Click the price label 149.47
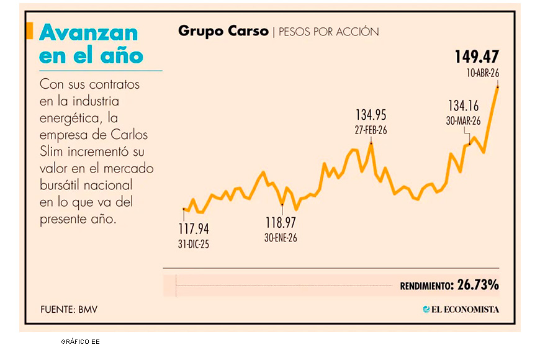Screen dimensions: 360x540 tap(476, 57)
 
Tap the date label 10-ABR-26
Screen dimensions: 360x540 tap(483, 73)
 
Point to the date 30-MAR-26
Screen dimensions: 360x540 tap(464, 121)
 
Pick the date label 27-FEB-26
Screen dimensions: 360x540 tap(371, 130)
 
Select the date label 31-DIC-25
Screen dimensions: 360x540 tap(194, 244)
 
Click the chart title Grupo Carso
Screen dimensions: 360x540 tap(223, 31)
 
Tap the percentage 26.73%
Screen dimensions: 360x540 tap(478, 286)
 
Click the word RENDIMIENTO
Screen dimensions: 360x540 tap(426, 286)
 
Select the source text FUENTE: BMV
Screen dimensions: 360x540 tap(69, 309)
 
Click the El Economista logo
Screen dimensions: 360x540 tap(461, 309)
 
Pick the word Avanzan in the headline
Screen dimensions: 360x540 tap(88, 33)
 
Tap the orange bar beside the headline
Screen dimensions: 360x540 tap(30, 31)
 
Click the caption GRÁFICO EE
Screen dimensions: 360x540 tap(80, 341)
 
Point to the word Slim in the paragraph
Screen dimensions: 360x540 tap(53, 152)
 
